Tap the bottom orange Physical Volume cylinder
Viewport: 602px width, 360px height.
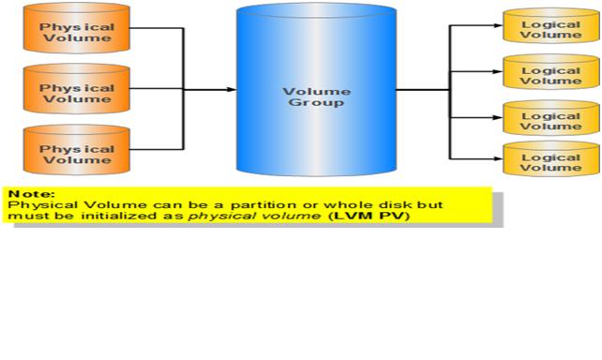tap(75, 153)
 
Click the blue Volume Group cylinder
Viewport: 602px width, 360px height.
tap(316, 94)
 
